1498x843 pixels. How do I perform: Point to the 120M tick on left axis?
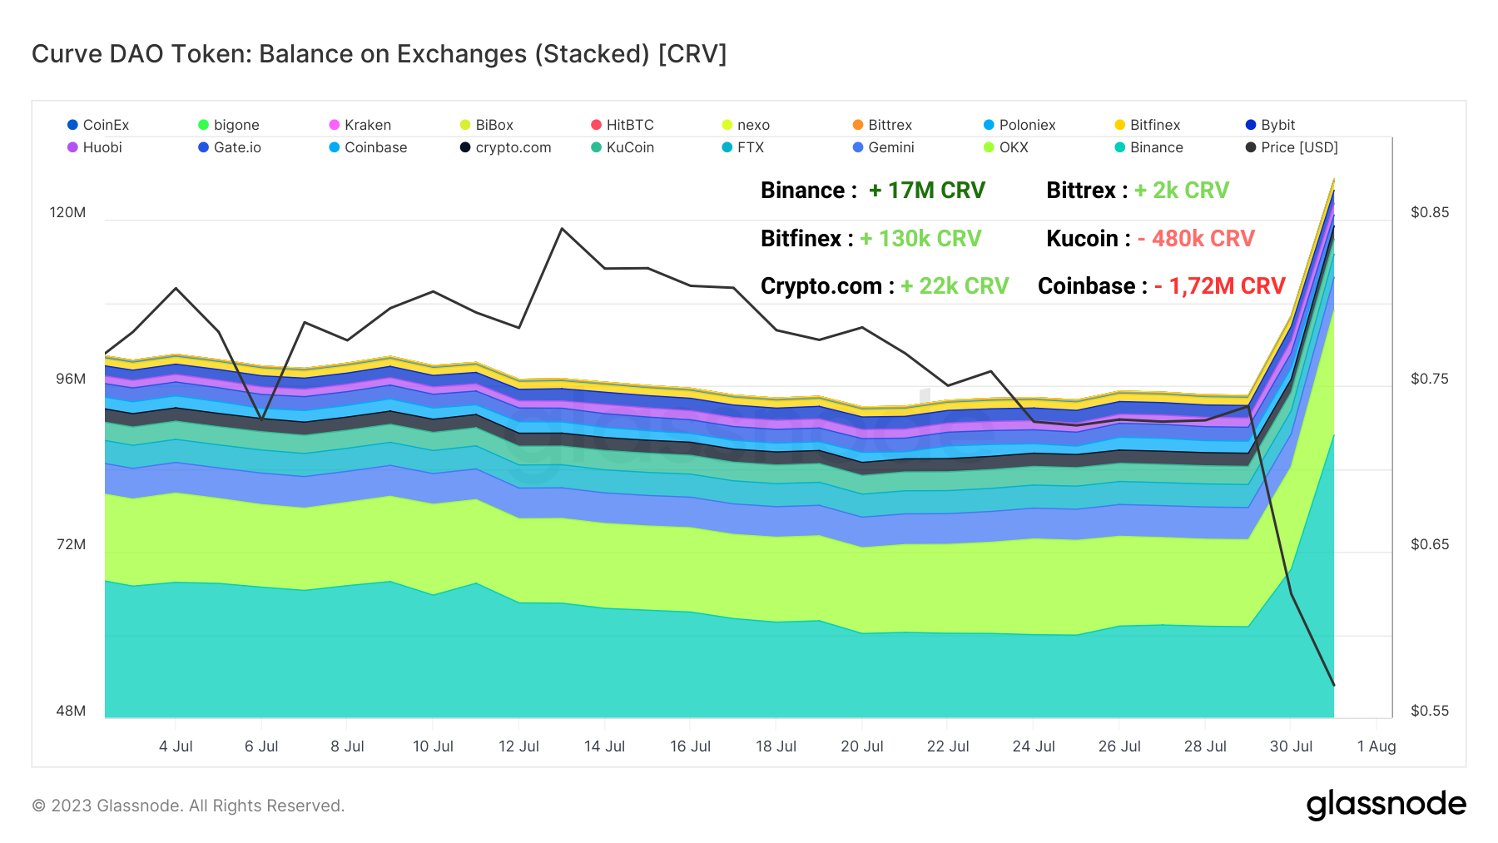[67, 212]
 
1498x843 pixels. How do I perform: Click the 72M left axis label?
[71, 544]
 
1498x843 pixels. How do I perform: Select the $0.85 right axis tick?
[1429, 212]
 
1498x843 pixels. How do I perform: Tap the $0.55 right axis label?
[1429, 711]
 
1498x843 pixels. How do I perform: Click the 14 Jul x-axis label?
[604, 746]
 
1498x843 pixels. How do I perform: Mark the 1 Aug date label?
[1376, 746]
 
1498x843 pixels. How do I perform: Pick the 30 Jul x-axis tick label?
[1291, 746]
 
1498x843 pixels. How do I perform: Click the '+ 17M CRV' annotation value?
[926, 191]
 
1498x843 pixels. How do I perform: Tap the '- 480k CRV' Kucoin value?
[1196, 239]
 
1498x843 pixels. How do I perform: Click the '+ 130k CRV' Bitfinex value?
[920, 239]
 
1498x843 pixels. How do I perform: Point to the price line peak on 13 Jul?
[563, 228]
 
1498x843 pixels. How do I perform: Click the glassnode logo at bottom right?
[1386, 805]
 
